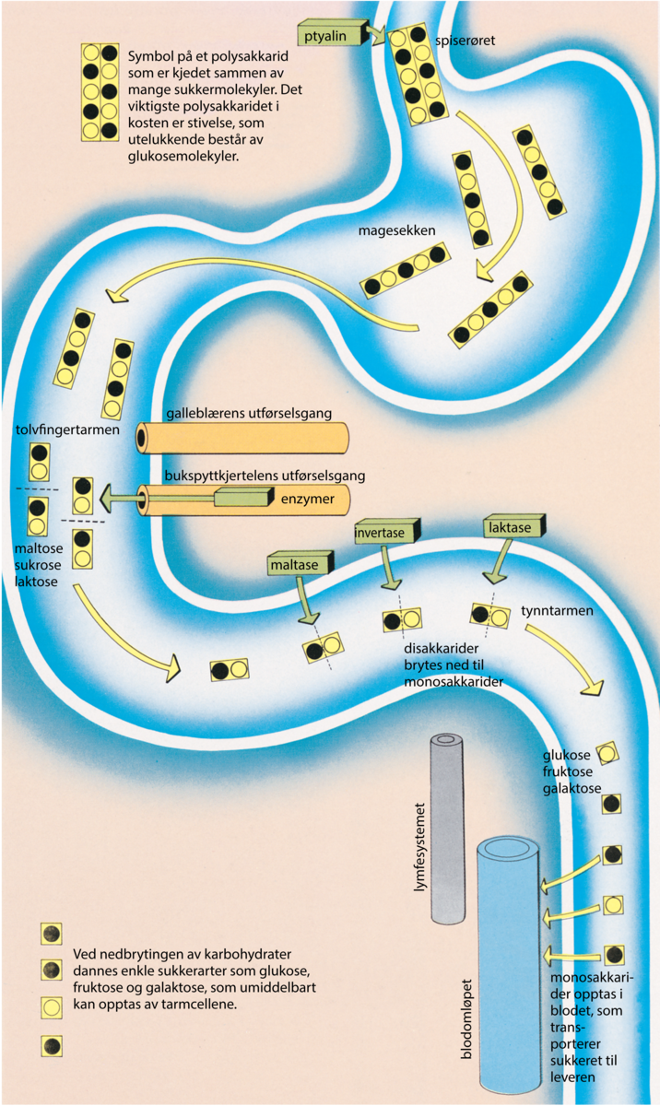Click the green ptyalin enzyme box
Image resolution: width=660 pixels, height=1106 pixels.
point(333,35)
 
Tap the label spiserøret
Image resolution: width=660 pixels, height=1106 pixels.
point(465,41)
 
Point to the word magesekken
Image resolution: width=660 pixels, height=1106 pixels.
point(397,230)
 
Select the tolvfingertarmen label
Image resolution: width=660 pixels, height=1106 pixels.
point(67,429)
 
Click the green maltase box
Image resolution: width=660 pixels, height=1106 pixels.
point(301,563)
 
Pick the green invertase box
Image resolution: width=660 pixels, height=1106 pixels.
point(387,531)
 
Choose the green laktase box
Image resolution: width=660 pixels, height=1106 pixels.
point(513,526)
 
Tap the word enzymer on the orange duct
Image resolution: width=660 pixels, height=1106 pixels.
point(308,499)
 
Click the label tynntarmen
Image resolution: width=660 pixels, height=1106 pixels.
point(557,611)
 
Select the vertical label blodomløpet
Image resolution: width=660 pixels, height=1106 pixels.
point(466,1019)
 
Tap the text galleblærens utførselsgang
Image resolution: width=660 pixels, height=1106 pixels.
point(249,413)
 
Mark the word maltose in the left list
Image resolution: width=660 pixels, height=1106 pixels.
point(39,548)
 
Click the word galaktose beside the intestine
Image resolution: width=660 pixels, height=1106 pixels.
point(572,788)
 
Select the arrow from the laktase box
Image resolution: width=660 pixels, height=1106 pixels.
point(500,561)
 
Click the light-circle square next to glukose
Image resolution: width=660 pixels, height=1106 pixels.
point(607,754)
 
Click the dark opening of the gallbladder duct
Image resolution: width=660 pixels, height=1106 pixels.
point(142,438)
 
